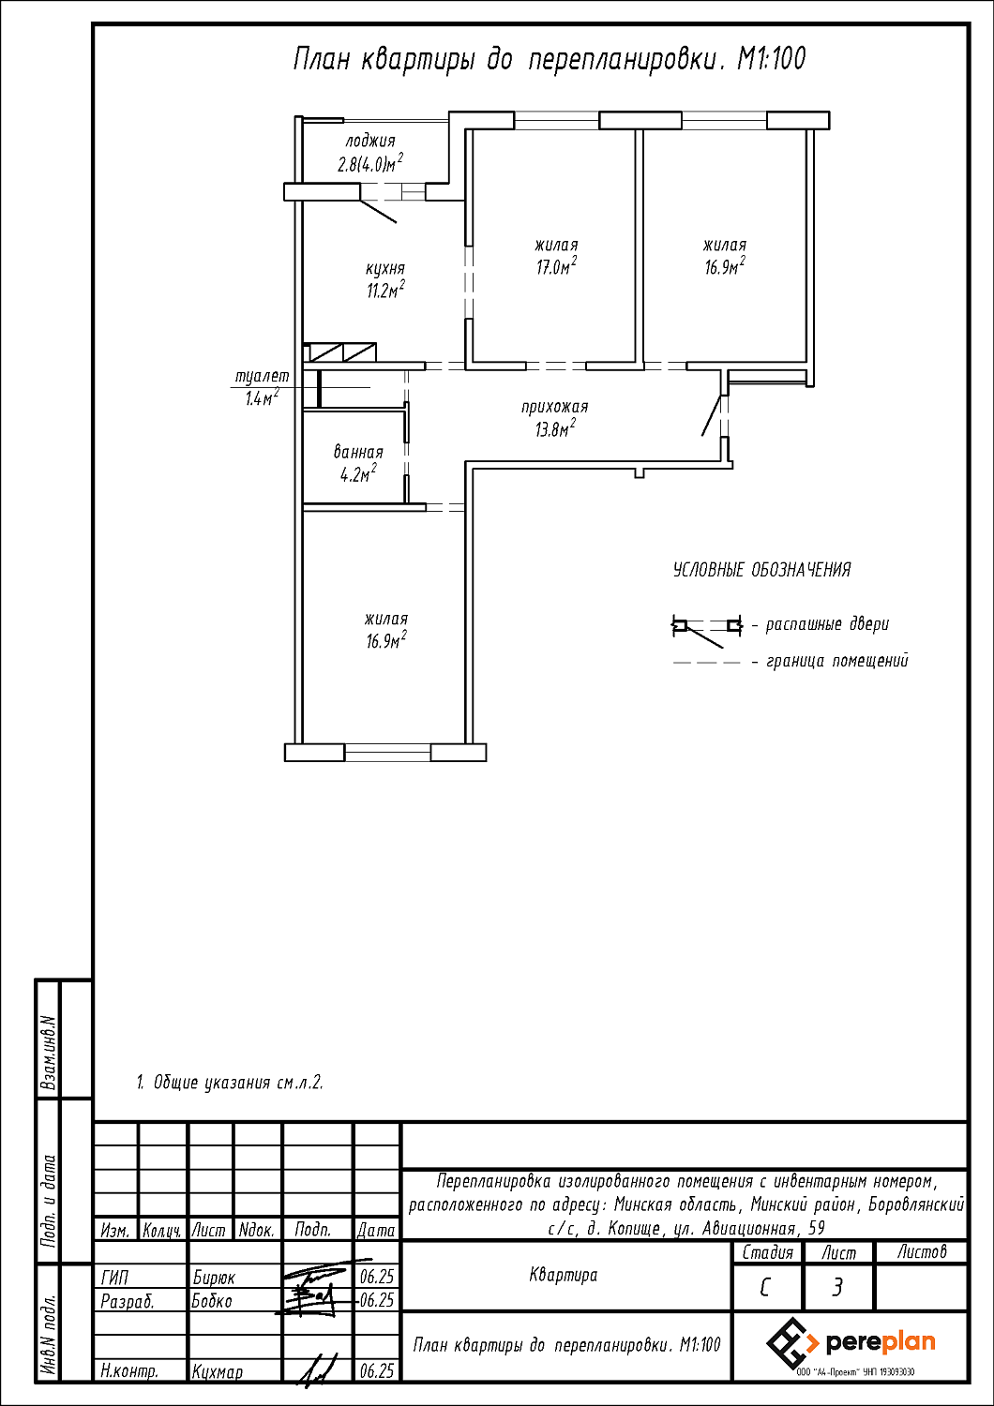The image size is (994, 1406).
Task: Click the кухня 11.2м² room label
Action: click(x=385, y=280)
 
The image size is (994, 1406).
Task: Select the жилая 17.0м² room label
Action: click(x=556, y=256)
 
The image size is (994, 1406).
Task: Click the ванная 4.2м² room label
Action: click(x=358, y=463)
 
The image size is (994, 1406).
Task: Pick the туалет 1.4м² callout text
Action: click(x=262, y=386)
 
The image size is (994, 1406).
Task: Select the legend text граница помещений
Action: click(x=837, y=661)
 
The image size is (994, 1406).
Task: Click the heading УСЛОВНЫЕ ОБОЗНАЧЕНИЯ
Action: click(x=761, y=570)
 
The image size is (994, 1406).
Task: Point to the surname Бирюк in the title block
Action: click(x=214, y=1278)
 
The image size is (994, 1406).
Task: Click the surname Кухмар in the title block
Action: click(x=218, y=1371)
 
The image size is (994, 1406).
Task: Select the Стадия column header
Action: click(x=767, y=1253)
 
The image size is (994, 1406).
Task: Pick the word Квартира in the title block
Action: click(x=564, y=1275)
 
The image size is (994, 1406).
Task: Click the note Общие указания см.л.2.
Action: click(x=229, y=1083)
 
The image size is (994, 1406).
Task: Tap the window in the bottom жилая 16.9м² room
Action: click(x=387, y=752)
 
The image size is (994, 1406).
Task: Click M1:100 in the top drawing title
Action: click(x=771, y=60)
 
